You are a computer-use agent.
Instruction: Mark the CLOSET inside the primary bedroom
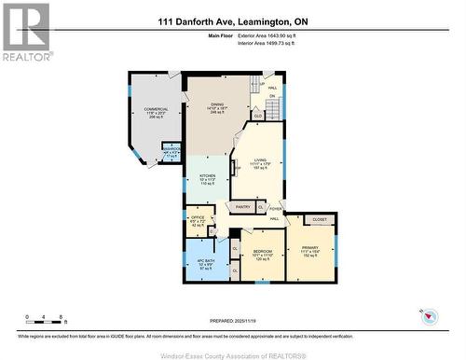[319, 220]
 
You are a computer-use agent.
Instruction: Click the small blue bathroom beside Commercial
[171, 152]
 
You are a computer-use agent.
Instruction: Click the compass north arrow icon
[431, 316]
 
